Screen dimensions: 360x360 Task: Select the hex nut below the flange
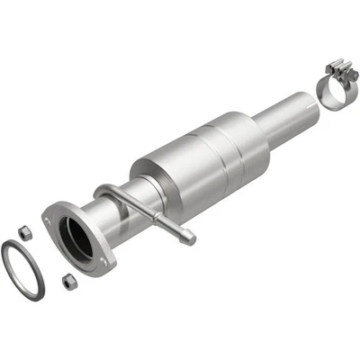(68, 281)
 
